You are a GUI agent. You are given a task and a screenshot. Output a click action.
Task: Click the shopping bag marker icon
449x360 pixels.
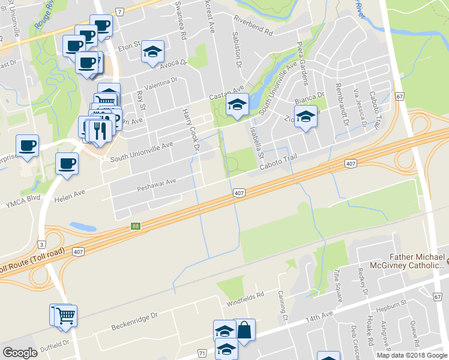point(244,329)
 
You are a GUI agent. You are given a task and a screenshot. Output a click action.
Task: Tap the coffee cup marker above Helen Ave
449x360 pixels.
point(67,163)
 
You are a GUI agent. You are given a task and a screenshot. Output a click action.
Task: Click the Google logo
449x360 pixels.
point(20,353)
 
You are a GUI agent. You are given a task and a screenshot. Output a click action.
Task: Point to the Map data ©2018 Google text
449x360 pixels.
point(411,355)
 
